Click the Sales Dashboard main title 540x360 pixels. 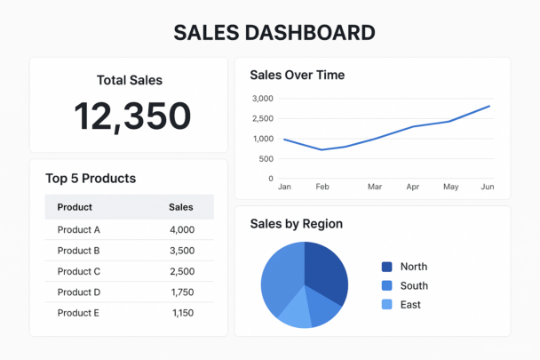(274, 33)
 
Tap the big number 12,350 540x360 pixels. (132, 116)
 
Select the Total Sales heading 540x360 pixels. (130, 80)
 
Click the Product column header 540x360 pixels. (75, 207)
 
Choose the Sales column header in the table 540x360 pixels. (181, 207)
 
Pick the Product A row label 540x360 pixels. (78, 229)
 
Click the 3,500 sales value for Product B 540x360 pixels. (182, 251)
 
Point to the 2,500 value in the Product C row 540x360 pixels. (182, 271)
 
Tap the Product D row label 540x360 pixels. (79, 292)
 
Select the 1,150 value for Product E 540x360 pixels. (183, 313)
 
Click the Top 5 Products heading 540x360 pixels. (91, 179)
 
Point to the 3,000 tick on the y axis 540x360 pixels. (263, 99)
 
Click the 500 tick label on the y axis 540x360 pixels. (266, 159)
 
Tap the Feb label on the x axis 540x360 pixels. (322, 187)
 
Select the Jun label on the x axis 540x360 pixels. (488, 187)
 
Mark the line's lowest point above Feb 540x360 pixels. (322, 149)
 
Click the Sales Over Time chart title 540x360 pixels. (298, 75)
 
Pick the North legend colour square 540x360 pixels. (386, 267)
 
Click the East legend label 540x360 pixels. (410, 305)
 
